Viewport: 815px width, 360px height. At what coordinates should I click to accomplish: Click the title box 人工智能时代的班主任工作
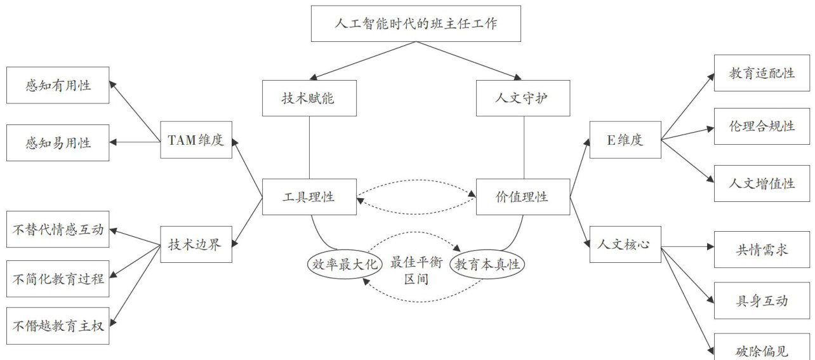(x=415, y=23)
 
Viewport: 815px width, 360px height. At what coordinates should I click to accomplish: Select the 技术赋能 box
(x=308, y=98)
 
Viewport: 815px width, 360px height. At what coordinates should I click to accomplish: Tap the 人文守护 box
(x=523, y=98)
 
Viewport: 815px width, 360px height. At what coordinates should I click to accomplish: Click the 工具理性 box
(x=308, y=197)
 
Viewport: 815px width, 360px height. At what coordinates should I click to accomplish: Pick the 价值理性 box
(x=522, y=197)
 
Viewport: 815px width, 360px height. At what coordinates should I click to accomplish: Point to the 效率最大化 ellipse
(x=343, y=264)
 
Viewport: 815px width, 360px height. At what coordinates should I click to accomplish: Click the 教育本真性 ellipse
(x=489, y=264)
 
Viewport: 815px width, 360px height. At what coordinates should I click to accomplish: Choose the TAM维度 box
(x=196, y=140)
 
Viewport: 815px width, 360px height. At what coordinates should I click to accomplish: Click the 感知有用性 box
(x=58, y=85)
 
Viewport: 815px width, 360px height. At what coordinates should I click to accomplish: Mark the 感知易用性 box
(x=58, y=143)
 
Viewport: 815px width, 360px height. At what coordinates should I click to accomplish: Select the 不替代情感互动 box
(x=58, y=229)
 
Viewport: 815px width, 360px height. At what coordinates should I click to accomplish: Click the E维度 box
(x=625, y=140)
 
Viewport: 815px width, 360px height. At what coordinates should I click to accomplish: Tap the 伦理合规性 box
(x=762, y=126)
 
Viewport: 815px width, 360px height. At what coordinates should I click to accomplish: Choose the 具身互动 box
(x=762, y=300)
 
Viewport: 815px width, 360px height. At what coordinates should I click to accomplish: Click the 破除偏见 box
(x=762, y=349)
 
